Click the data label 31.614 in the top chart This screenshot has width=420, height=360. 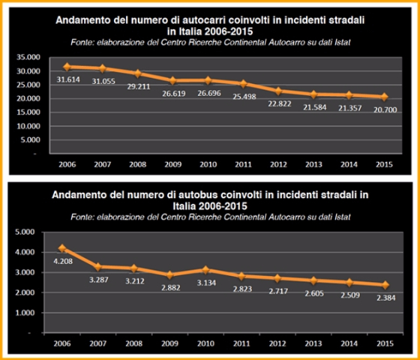click(x=67, y=82)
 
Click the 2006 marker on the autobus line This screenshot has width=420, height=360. click(x=62, y=248)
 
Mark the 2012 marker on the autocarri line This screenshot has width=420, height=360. click(x=277, y=91)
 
